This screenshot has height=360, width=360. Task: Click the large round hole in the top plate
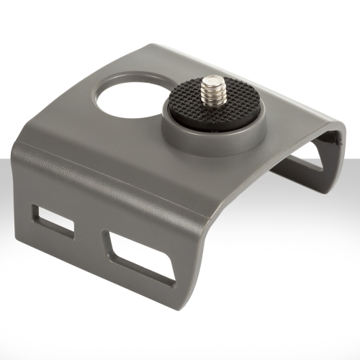coord(124,99)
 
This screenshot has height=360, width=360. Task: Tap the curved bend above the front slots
coord(108,180)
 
